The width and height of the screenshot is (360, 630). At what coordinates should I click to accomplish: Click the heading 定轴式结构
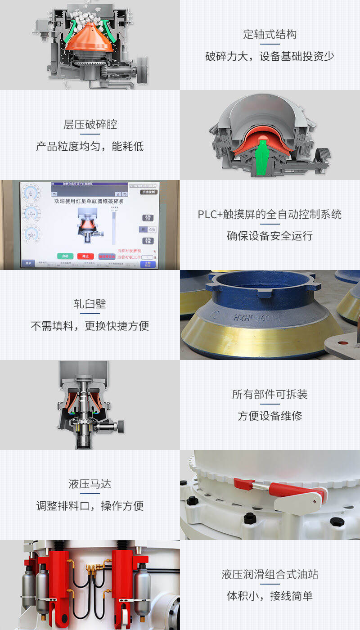coord(270,34)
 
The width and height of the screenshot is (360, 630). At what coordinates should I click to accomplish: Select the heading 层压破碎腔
coord(90,124)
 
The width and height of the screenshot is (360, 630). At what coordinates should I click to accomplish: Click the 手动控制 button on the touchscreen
coord(148,192)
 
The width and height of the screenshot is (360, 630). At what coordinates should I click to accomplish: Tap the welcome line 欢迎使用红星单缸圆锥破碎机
coord(89,201)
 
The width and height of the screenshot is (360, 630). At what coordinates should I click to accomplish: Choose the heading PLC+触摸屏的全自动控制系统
coord(270,214)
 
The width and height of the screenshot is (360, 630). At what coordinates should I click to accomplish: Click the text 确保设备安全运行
coord(270,236)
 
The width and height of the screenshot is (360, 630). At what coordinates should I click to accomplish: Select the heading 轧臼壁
coord(90,304)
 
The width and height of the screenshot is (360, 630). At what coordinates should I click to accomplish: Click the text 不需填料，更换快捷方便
coord(90,326)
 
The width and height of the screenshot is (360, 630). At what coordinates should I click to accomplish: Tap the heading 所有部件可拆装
coord(270,394)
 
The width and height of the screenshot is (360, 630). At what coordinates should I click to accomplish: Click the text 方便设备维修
coord(270,416)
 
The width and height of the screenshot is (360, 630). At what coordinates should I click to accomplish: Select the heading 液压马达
coord(90,484)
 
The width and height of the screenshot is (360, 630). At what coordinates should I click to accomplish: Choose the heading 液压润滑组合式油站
coord(270,574)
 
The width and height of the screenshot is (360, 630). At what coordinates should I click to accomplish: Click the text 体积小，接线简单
coord(270,596)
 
